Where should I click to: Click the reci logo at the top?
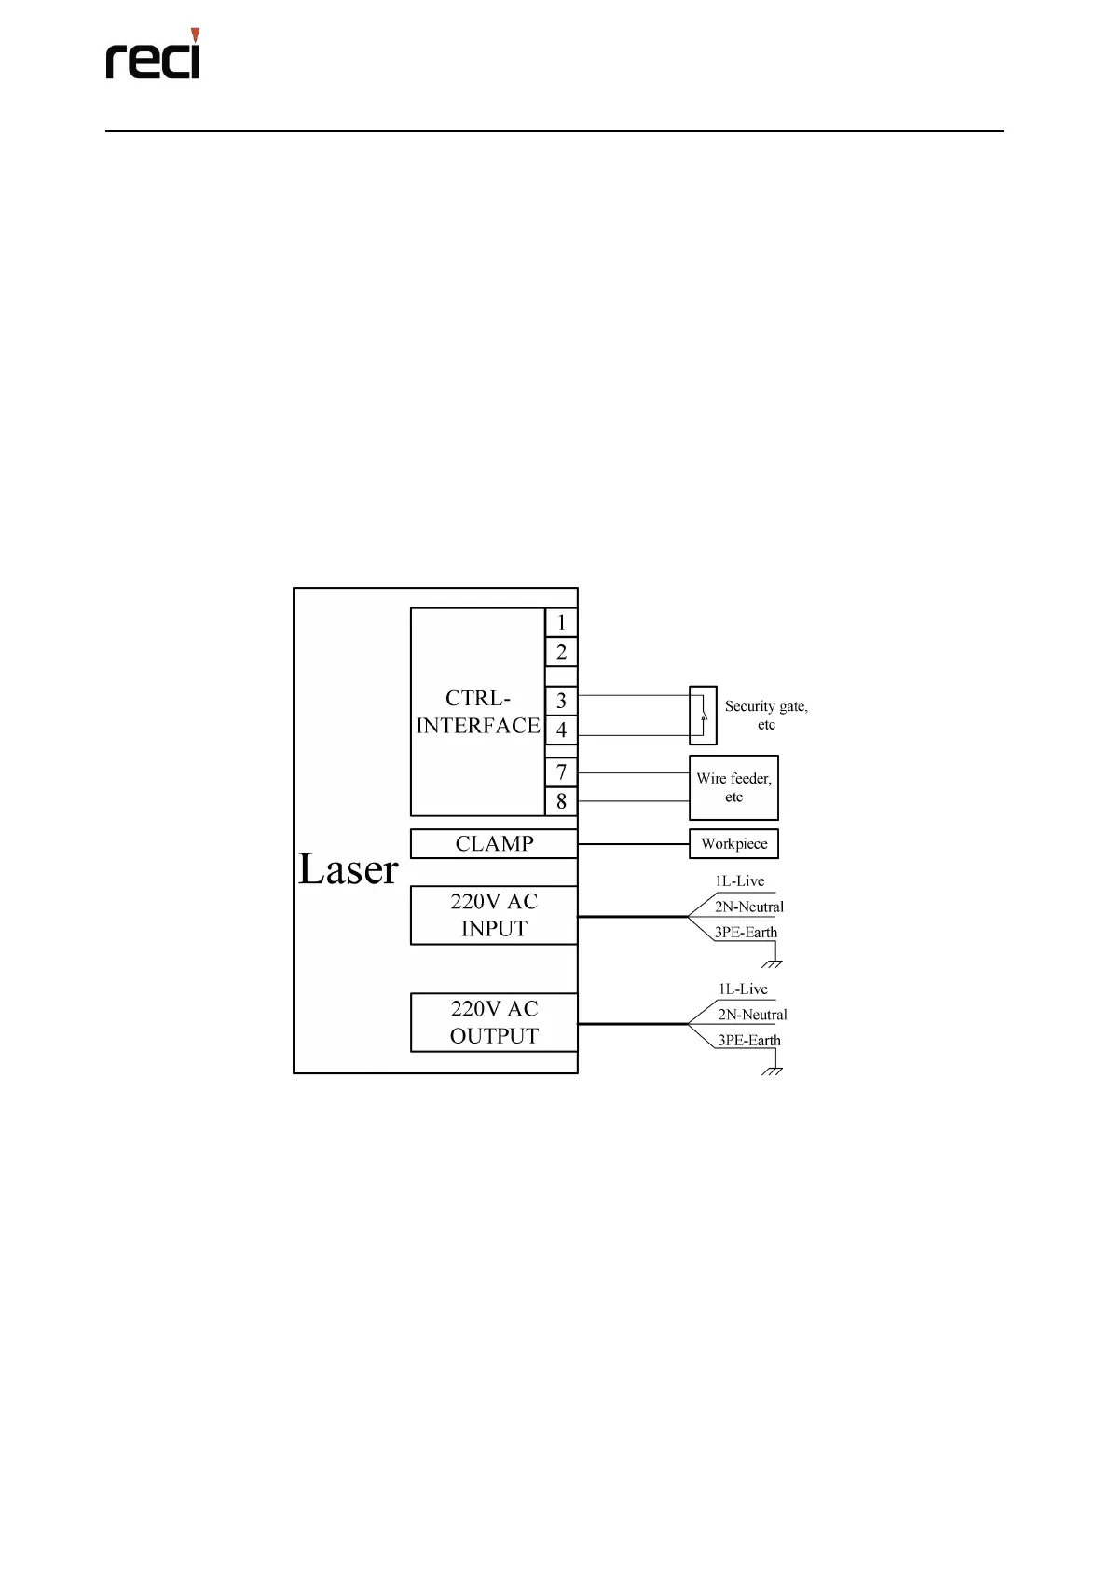153,56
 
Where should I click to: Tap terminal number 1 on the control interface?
561,622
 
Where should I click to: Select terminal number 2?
561,652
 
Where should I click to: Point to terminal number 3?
561,701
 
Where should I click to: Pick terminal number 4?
561,730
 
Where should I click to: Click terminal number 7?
561,772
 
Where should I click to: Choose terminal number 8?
561,801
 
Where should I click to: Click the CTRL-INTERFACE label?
477,712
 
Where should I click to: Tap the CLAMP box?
494,844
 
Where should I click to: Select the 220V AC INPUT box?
494,915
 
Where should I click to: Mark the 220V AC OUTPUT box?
494,1022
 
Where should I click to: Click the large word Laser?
348,869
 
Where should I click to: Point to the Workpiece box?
733,844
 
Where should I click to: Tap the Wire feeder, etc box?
733,787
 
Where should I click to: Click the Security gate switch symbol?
703,716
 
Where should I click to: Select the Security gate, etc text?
766,716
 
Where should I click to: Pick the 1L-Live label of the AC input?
740,881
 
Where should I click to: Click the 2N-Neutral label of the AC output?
752,1015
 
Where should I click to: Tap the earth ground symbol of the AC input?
772,962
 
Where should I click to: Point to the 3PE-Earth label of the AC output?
748,1041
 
